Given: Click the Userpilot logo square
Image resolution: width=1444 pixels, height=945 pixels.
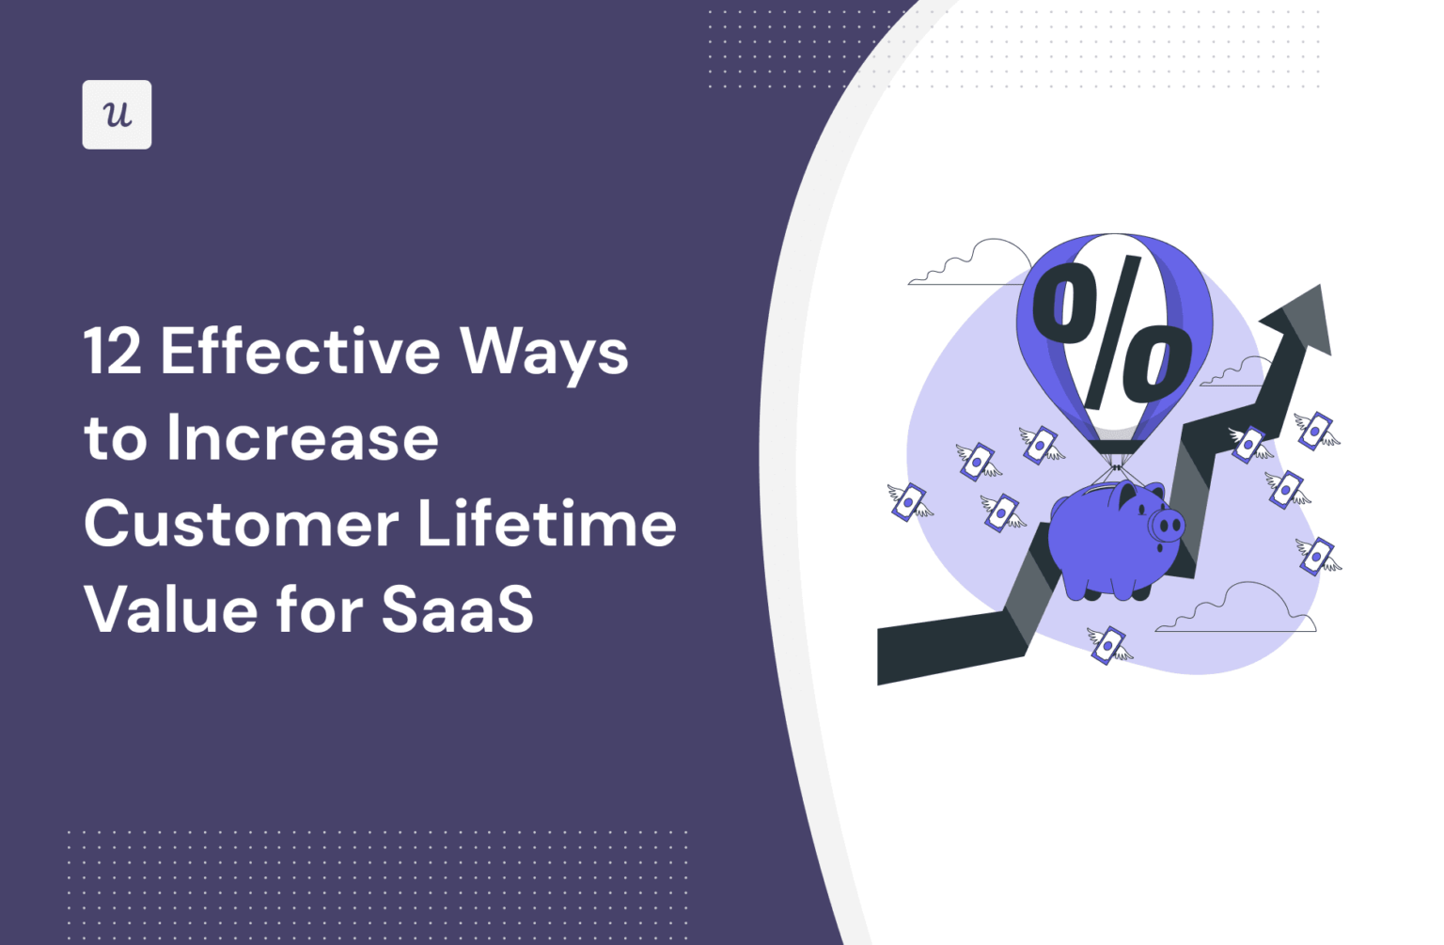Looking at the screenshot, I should click(117, 115).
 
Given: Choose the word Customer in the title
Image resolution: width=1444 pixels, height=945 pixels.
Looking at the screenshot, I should click(241, 525).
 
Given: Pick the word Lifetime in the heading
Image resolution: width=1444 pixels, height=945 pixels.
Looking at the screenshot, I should click(547, 524).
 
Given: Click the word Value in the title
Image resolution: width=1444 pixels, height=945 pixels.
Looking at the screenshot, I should click(169, 609).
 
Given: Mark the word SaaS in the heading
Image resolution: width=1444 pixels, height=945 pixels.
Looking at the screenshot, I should click(458, 609).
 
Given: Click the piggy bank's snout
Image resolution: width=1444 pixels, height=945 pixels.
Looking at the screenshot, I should click(1167, 525).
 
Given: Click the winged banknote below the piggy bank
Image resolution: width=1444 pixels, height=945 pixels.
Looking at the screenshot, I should click(1109, 646).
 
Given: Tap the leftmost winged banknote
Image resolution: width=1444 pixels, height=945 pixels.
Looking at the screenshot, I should click(909, 502).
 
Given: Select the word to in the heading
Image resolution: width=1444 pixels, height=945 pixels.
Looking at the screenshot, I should click(116, 439).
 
